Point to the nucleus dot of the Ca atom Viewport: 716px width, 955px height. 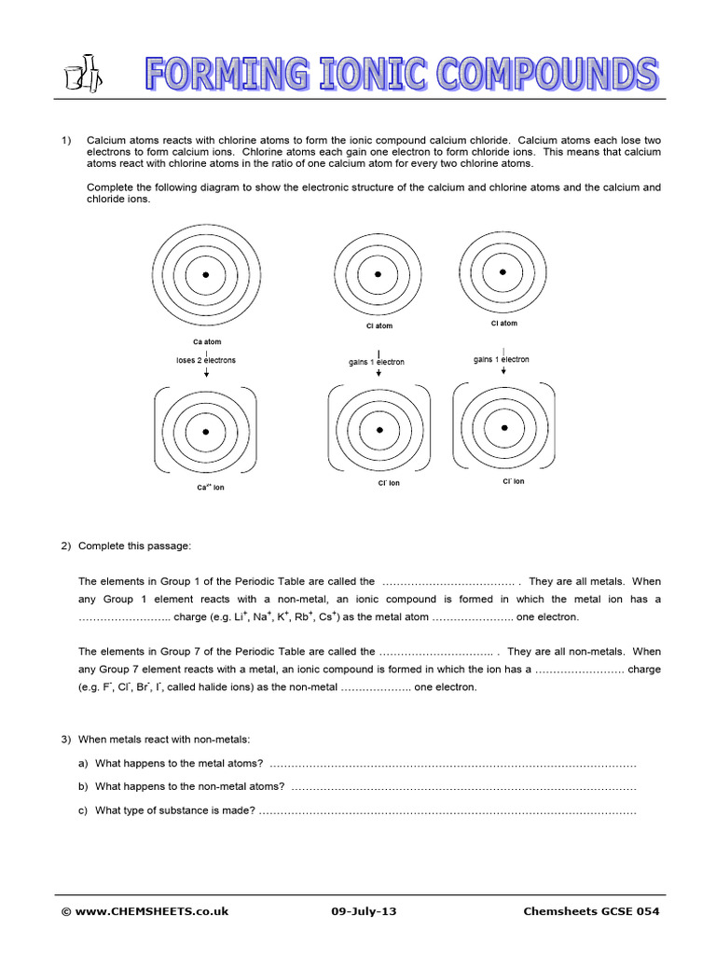pos(206,276)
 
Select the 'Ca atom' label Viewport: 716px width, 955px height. pos(206,342)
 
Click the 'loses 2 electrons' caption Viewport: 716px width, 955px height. pos(206,360)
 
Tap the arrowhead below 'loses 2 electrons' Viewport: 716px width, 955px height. pos(206,374)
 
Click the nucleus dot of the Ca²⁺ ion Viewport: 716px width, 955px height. pos(206,432)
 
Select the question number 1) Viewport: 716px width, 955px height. pos(66,139)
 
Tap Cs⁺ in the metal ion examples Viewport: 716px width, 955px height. pos(327,616)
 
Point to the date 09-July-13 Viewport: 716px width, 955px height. pos(364,911)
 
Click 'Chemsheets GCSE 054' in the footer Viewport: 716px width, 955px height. pos(592,911)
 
